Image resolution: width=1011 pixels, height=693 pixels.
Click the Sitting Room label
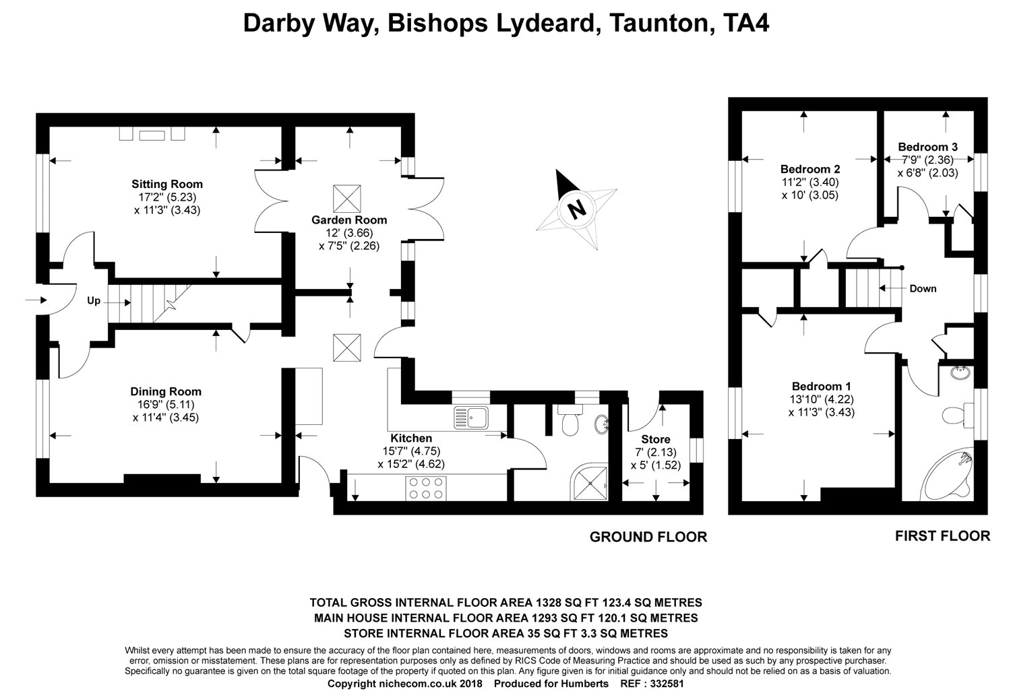166,184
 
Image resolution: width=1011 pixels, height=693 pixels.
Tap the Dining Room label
166,391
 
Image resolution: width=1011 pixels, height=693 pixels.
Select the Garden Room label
349,220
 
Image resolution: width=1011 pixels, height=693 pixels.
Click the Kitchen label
411,438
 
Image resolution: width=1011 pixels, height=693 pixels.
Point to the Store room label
655,440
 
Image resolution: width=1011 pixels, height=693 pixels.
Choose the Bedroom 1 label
821,386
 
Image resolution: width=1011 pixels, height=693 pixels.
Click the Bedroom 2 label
809,168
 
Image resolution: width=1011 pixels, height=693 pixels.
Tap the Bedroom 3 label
927,147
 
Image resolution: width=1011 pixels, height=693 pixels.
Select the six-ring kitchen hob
426,488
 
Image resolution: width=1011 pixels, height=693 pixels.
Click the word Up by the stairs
93,301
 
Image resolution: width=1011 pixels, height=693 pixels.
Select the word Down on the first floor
922,289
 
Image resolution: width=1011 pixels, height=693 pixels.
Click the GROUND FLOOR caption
648,537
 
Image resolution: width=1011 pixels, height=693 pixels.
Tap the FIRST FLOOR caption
942,536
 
